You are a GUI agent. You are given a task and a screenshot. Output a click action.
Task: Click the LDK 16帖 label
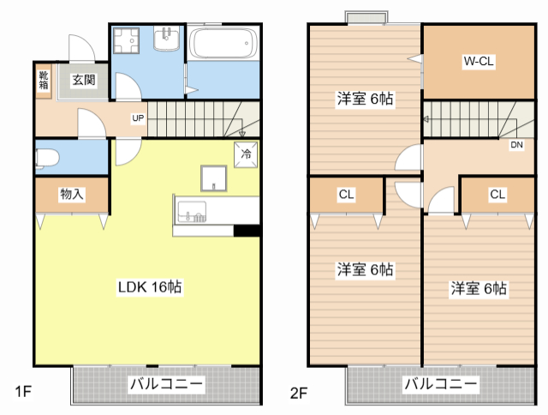click(x=148, y=286)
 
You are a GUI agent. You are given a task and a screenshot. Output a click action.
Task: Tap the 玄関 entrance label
click(x=83, y=81)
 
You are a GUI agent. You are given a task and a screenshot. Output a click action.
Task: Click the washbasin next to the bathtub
click(x=167, y=39)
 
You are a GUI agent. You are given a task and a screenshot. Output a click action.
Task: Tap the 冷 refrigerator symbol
click(x=246, y=154)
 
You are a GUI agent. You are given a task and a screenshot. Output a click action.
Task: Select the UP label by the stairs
click(x=137, y=117)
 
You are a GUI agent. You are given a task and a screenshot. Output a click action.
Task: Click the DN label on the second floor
click(x=516, y=145)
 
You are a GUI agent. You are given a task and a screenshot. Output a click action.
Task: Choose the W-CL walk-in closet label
click(x=478, y=62)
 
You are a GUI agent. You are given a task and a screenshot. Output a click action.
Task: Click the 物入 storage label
click(x=72, y=195)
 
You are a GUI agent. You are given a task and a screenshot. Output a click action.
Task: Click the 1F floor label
click(x=23, y=393)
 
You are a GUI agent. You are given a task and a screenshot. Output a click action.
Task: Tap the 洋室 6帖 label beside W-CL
click(x=364, y=99)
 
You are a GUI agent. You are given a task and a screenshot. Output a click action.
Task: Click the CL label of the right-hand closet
click(x=497, y=195)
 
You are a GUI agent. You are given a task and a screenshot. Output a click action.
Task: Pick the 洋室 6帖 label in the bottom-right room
click(x=479, y=288)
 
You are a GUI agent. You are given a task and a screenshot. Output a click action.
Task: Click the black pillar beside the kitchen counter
click(x=247, y=229)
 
